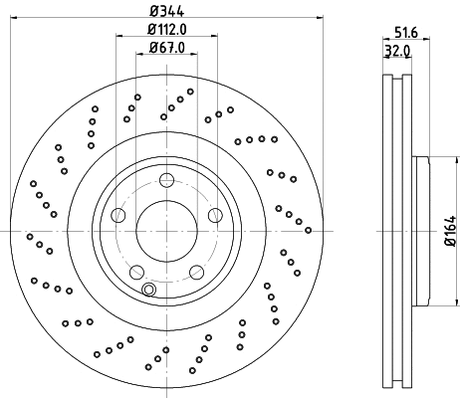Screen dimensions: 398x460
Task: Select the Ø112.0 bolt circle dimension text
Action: tap(165, 29)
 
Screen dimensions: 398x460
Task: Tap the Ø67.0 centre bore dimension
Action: tap(165, 48)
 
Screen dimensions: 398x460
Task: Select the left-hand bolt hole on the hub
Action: tap(117, 214)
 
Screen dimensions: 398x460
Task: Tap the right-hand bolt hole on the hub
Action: tap(214, 214)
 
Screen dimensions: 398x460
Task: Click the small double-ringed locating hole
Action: tap(148, 290)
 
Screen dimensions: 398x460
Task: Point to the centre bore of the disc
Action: tap(165, 231)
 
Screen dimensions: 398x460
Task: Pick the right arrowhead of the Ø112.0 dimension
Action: tap(213, 37)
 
